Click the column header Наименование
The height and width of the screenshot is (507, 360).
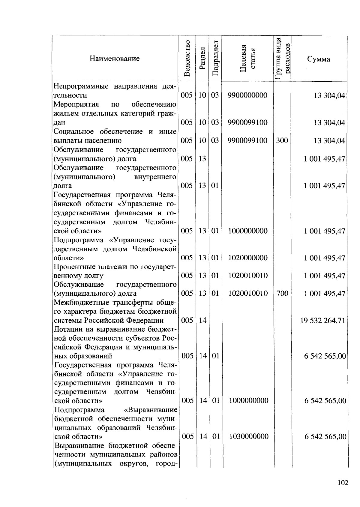pyautogui.click(x=114, y=59)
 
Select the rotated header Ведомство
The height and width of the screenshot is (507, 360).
pyautogui.click(x=187, y=58)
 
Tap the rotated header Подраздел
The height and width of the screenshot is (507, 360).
pyautogui.click(x=215, y=58)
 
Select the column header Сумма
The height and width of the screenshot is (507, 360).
pyautogui.click(x=319, y=59)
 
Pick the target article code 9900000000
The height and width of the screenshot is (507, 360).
pyautogui.click(x=247, y=95)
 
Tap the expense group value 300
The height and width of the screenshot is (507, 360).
pyautogui.click(x=282, y=140)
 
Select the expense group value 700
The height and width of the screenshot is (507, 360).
pyautogui.click(x=282, y=293)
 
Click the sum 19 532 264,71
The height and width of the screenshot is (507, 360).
pyautogui.click(x=323, y=321)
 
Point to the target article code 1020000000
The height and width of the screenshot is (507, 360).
pyautogui.click(x=248, y=258)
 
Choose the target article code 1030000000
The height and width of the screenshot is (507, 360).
pyautogui.click(x=249, y=436)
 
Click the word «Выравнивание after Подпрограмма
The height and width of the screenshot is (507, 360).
pyautogui.click(x=150, y=410)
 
